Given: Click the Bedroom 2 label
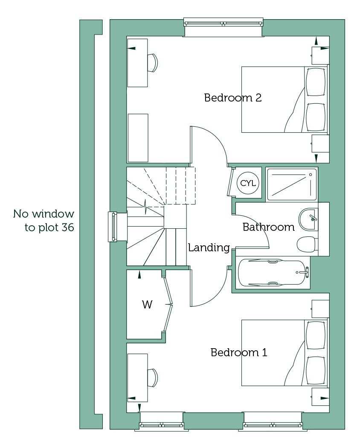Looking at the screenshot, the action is tap(233, 98).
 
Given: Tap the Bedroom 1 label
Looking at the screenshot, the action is tap(239, 352).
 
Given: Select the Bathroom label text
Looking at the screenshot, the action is tap(269, 227).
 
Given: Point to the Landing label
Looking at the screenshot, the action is tap(209, 247).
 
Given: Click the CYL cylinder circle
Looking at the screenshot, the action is tap(248, 183).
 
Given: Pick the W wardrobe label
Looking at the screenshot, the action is tap(147, 305).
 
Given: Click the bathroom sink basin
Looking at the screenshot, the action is tap(308, 219).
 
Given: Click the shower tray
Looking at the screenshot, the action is tap(292, 184).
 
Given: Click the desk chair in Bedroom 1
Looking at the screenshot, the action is tap(153, 378).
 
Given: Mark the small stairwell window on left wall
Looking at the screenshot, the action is tap(112, 227).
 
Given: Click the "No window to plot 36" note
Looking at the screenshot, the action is tap(44, 221).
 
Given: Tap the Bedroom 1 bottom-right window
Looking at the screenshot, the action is tap(273, 425).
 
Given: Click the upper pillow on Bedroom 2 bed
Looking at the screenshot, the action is tap(316, 82).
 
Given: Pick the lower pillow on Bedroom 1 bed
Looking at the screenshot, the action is tap(316, 371).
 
